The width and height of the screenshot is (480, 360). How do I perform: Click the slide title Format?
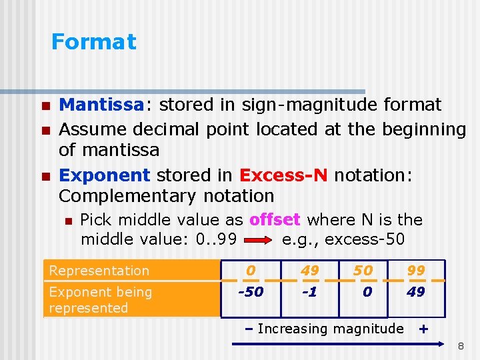(93, 42)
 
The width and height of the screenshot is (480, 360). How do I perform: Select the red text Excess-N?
(283, 175)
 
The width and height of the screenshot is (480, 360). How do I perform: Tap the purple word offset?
(275, 220)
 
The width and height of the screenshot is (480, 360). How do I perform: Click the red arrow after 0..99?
(259, 239)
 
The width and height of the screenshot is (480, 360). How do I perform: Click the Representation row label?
(99, 271)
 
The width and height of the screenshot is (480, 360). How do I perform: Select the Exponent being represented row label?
(100, 300)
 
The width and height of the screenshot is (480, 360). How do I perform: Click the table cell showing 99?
(416, 270)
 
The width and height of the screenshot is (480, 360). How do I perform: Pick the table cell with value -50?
(251, 292)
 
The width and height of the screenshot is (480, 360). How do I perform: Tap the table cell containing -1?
(309, 292)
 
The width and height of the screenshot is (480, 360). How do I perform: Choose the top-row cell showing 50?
(363, 270)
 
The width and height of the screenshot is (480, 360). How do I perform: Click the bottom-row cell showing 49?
(416, 292)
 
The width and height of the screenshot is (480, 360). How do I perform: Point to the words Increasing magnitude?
(330, 328)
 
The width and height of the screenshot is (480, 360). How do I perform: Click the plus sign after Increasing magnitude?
(421, 328)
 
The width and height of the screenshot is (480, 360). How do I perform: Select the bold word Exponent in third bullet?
(105, 175)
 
